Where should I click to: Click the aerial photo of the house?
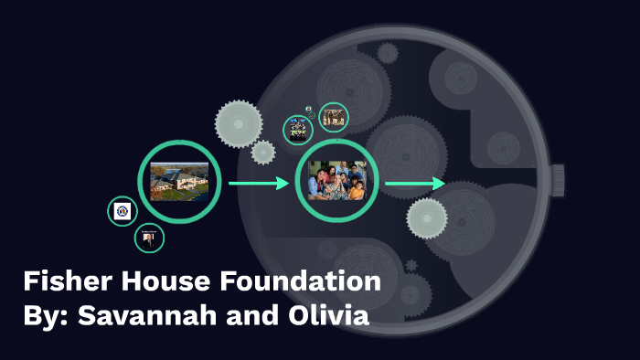[x=179, y=181]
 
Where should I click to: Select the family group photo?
[x=337, y=181]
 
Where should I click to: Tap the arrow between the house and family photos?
[x=259, y=184]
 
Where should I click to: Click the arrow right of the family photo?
[x=414, y=184]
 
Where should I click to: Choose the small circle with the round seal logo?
[x=123, y=211]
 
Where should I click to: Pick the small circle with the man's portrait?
[x=149, y=238]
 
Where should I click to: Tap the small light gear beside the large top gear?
[x=263, y=153]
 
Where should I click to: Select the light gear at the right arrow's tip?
[x=427, y=217]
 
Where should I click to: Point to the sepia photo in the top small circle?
[x=334, y=117]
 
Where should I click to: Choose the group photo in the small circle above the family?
[x=298, y=130]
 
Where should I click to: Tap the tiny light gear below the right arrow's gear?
[x=411, y=266]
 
